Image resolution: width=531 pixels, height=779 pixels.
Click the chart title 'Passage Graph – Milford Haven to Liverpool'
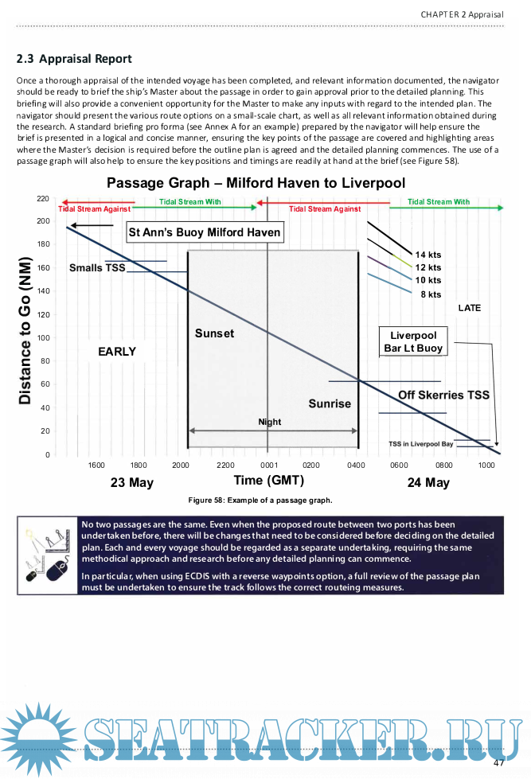pos(256,183)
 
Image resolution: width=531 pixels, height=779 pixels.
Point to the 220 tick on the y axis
pos(44,197)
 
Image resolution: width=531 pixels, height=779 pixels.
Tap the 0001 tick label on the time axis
pos(268,465)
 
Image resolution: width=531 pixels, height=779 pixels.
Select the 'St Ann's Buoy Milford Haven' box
pos(205,232)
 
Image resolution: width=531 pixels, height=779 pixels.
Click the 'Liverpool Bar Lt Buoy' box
pos(413,341)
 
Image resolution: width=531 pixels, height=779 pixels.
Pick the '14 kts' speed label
pos(428,255)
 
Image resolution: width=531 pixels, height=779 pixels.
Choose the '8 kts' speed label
pos(431,294)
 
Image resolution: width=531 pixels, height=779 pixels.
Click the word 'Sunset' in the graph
pos(214,333)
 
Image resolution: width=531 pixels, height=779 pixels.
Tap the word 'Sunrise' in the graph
pos(330,403)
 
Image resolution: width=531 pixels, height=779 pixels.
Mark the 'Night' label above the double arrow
pos(270,422)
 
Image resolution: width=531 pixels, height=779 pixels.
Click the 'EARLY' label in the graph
pos(117,351)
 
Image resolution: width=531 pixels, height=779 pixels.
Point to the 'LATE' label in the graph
pos(469,308)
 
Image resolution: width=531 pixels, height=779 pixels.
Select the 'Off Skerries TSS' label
pos(443,395)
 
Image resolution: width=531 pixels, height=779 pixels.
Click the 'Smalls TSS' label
pos(97,268)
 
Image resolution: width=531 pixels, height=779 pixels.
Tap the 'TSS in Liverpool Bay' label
pos(420,444)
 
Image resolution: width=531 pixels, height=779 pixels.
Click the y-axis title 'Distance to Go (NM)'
pos(25,330)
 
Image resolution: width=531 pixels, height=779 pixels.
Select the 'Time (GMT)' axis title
pos(268,480)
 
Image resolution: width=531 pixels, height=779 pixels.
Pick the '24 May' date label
pos(428,482)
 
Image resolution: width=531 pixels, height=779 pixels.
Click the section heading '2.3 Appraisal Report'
pos(74,59)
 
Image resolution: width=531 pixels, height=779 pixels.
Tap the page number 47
pos(499,763)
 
